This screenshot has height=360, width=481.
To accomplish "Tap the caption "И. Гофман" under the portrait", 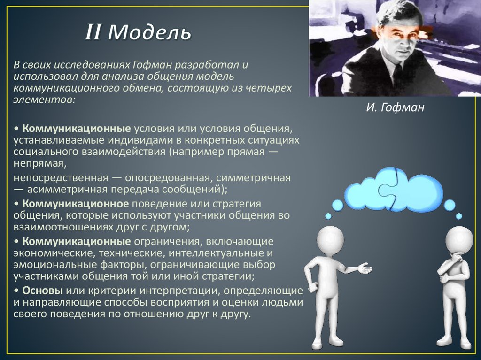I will tap(395, 108).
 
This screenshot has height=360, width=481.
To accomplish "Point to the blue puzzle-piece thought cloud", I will tap(394, 190).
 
